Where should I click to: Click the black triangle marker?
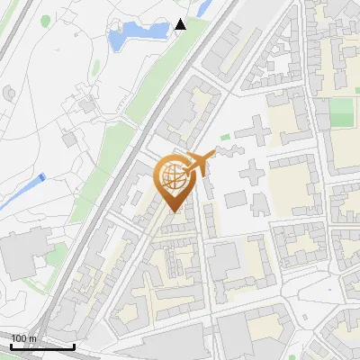180,24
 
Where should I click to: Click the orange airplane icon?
200,162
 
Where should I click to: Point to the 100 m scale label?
23,338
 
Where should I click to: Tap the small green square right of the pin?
225,137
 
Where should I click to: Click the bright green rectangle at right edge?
341,112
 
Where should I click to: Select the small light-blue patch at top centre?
203,7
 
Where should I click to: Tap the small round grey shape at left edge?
9,91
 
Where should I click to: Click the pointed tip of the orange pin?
175,211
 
